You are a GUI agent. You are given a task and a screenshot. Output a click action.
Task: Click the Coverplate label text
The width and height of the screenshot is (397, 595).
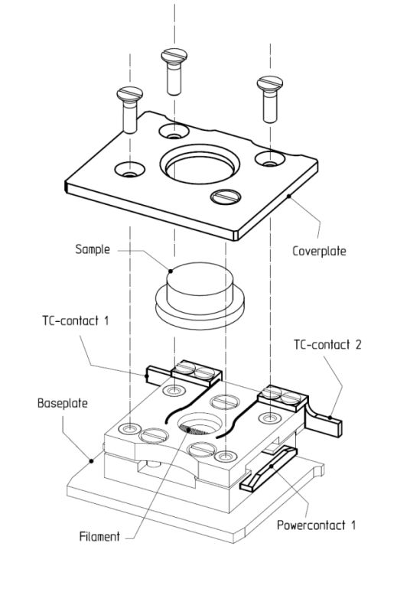pos(319,251)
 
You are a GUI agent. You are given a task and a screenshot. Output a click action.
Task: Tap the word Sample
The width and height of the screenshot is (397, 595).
pos(93,249)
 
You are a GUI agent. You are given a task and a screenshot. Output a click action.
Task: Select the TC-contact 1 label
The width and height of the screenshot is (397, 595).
pos(76,320)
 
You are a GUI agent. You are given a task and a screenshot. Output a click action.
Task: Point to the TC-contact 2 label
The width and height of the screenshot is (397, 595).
pos(327,345)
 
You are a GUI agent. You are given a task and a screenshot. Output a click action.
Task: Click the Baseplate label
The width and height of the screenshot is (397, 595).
pos(63,403)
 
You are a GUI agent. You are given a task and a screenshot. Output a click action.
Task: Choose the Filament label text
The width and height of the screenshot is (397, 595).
pos(99,537)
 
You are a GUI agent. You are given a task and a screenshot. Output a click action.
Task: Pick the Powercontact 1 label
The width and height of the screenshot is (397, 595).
pos(316,525)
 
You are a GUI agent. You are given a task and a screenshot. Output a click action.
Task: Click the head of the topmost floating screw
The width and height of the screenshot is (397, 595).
pos(174,56)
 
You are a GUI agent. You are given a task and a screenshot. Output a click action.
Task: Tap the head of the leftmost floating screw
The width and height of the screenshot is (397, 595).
pos(130,95)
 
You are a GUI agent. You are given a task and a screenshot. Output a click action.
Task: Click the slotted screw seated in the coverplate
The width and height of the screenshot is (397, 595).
pos(226,197)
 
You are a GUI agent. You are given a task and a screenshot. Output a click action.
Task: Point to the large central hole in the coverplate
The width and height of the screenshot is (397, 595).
pos(200,164)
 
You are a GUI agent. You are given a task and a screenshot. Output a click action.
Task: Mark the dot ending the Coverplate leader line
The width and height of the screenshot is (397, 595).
pos(289,197)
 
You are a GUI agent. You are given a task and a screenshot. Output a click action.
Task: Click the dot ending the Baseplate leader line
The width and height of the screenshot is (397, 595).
pos(91,461)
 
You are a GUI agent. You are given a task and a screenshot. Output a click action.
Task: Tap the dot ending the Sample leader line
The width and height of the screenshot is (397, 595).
pos(171,271)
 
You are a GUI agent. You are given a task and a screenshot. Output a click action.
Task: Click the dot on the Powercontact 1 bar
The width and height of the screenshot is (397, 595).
pos(272,467)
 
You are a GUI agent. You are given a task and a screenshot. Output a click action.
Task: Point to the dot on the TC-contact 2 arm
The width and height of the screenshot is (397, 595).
pos(330,418)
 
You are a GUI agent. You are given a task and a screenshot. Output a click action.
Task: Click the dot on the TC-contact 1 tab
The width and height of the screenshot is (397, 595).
pos(147,376)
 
